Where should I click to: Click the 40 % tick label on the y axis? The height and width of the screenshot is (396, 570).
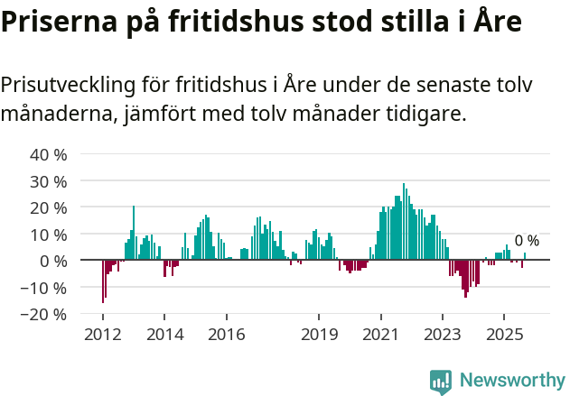49,154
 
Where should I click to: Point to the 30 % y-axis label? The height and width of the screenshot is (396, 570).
49,181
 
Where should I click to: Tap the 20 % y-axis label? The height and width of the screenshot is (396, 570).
49,207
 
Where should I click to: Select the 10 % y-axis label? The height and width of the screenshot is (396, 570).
49,235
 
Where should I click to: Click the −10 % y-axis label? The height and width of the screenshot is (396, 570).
45,288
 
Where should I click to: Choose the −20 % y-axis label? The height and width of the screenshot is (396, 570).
45,315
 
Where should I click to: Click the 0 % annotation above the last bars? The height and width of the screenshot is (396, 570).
527,241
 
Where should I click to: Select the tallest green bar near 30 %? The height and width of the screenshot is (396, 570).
404,222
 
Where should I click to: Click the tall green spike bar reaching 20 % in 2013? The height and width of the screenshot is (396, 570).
134,233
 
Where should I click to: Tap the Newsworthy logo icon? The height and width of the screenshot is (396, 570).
441,382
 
